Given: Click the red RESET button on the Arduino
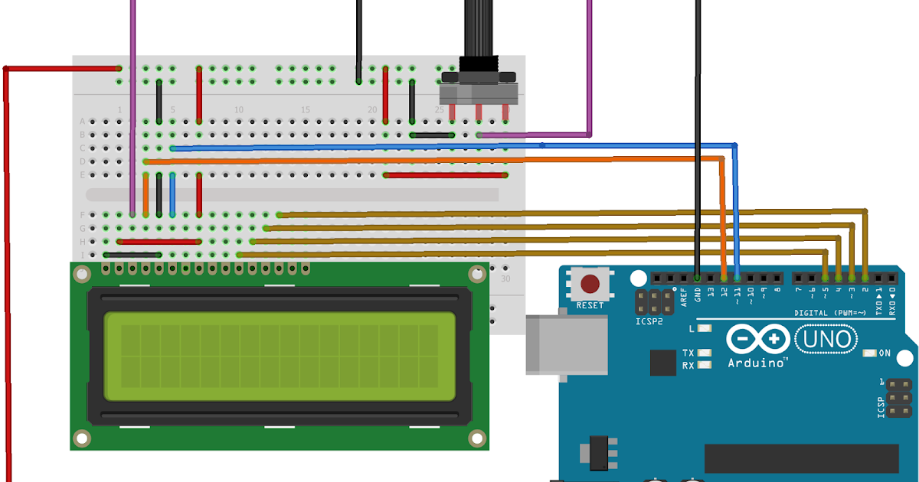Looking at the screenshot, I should click(590, 285).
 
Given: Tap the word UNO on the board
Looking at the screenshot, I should click(828, 338).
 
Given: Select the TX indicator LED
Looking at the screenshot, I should click(705, 353).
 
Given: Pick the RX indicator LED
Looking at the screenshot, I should click(705, 365).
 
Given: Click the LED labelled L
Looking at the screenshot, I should click(705, 329).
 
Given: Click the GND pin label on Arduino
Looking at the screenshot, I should click(698, 294).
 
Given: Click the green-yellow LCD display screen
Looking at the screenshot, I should click(280, 356).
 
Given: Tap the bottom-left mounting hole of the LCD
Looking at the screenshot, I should click(81, 438).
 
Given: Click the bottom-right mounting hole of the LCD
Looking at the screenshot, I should click(477, 438).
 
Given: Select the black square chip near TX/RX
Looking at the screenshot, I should click(663, 363).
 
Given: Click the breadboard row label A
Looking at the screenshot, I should click(82, 122).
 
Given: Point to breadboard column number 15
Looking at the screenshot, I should click(305, 110).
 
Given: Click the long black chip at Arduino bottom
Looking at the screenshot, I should click(801, 458).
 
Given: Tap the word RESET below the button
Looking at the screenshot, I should click(590, 305).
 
